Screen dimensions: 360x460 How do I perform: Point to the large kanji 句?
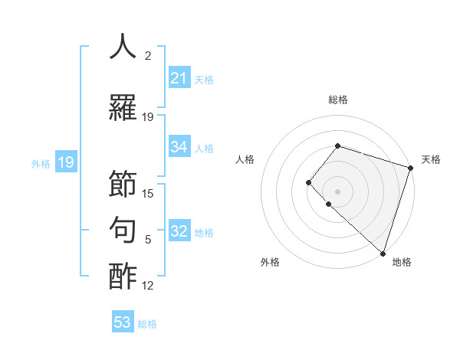123,230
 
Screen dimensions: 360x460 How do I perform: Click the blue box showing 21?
179,78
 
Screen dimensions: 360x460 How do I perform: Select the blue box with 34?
179,147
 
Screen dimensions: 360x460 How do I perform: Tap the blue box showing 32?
179,232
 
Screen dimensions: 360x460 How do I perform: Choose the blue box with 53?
123,322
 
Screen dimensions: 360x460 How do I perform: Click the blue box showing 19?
65,162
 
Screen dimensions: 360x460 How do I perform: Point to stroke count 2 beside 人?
147,56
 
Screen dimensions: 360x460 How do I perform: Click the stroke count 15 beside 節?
148,194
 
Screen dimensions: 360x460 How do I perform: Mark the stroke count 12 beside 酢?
148,286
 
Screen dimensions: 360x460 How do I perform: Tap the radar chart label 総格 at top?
338,100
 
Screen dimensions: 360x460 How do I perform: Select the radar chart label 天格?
431,159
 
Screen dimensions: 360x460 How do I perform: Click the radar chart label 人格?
245,159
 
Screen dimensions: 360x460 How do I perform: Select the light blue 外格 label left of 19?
41,163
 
